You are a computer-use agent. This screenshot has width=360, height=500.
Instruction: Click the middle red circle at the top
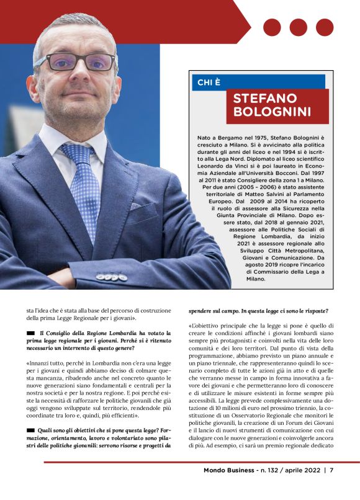pos(298,27)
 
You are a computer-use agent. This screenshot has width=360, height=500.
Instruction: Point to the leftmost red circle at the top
pos(272,27)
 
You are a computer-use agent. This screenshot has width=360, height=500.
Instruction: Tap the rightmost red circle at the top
pos(325,27)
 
